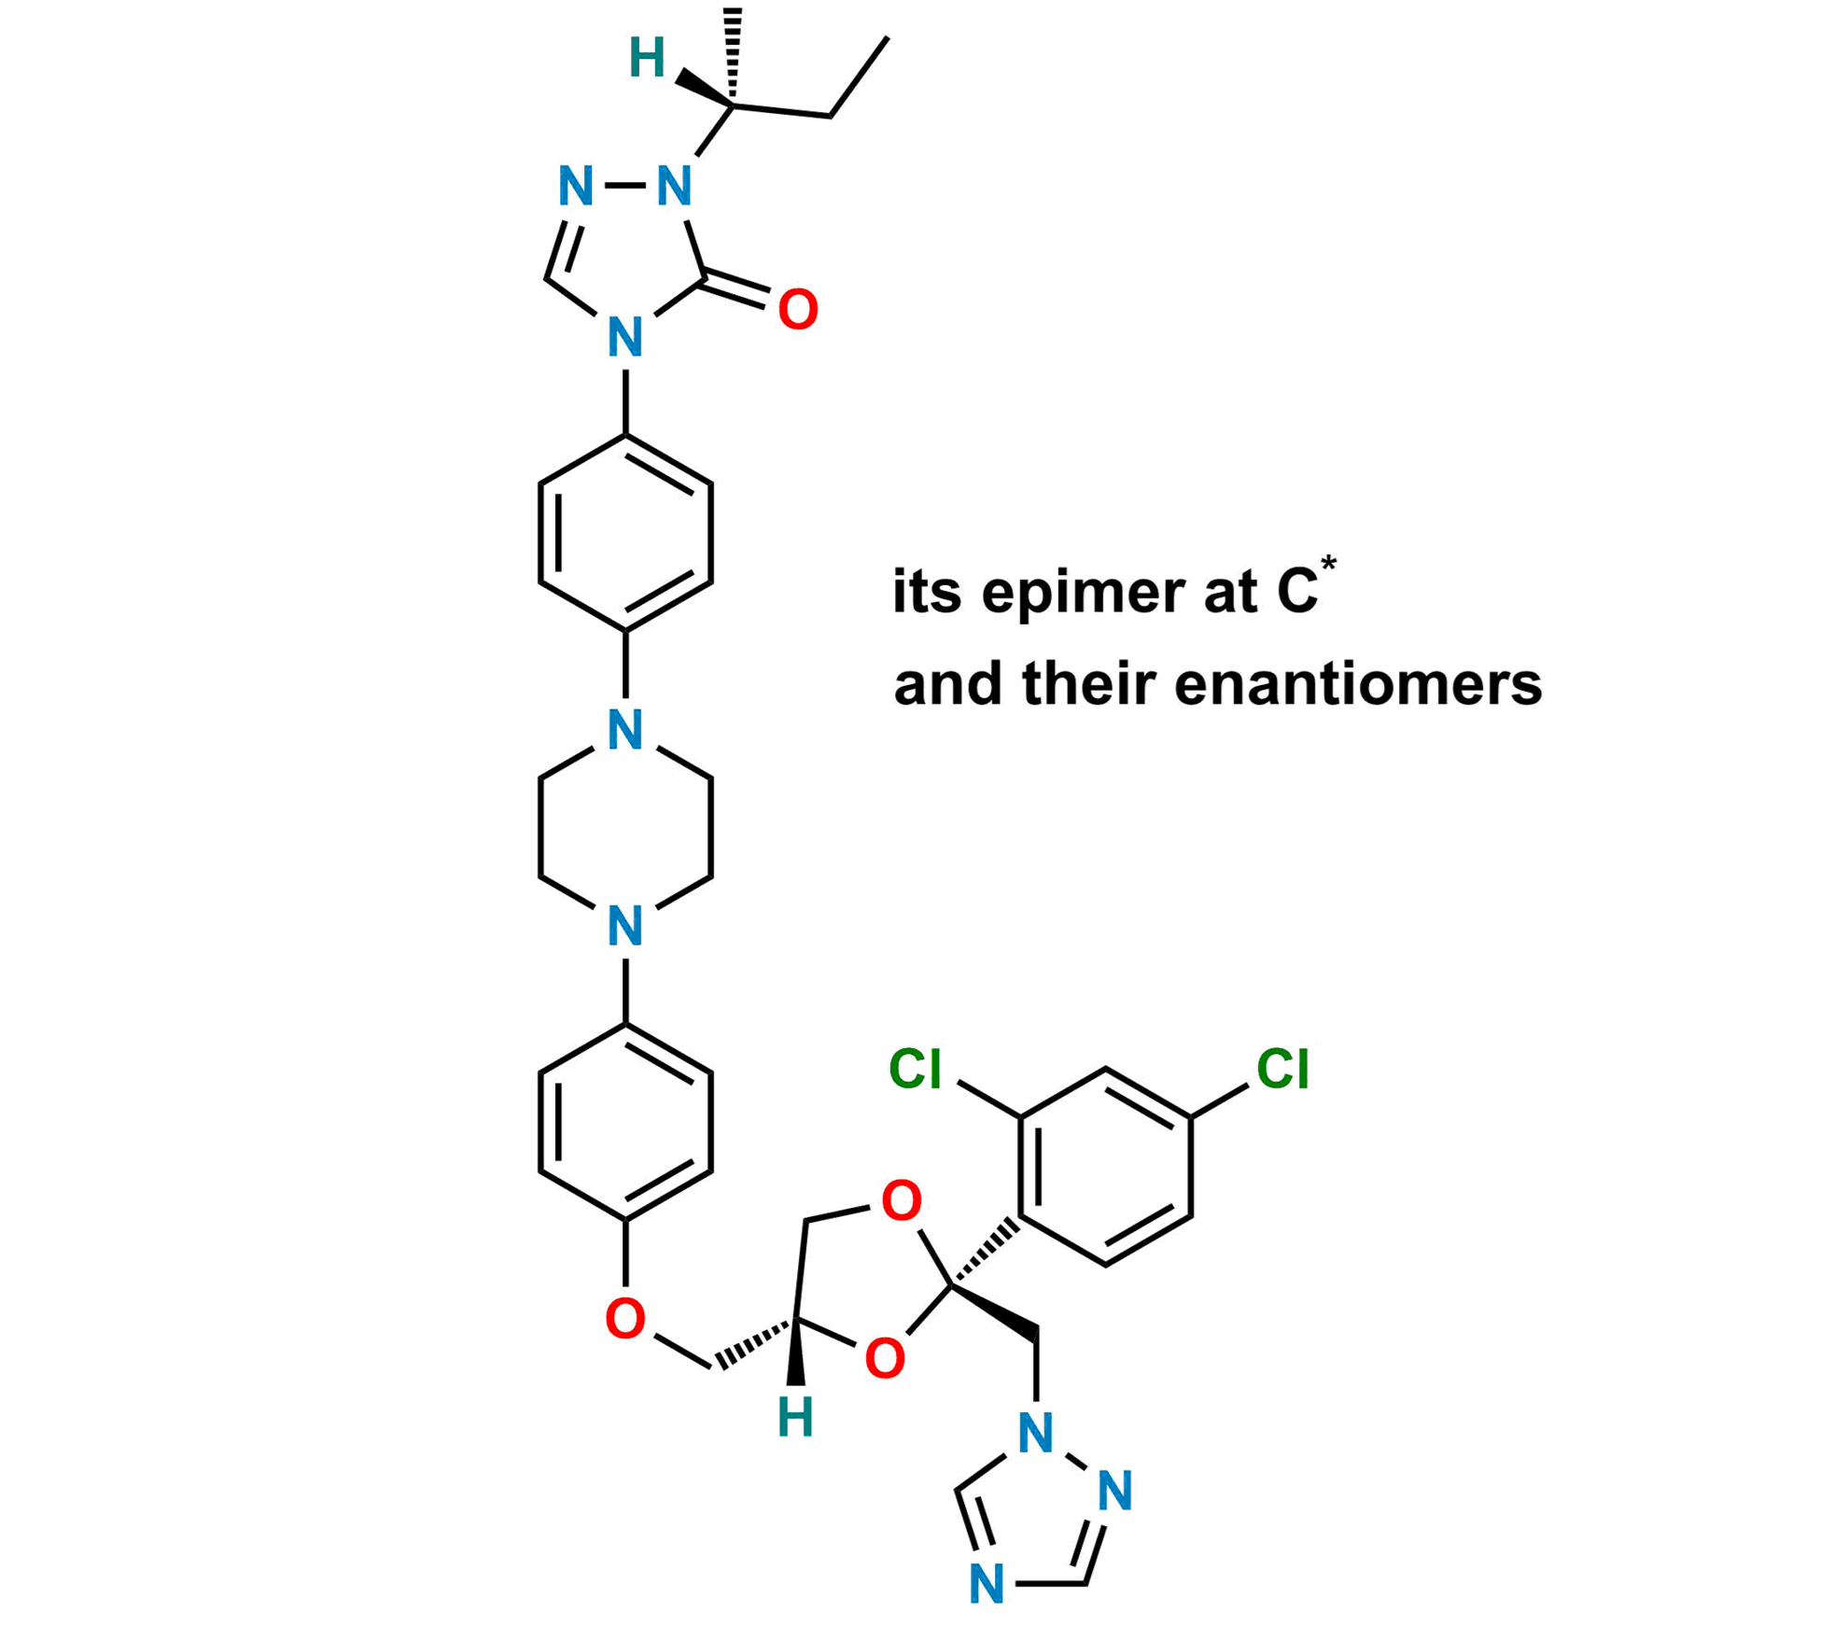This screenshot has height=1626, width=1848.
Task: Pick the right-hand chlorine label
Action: click(x=1283, y=1068)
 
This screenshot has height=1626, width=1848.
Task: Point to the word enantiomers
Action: click(x=1358, y=685)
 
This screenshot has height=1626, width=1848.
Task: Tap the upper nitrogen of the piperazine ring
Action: click(x=624, y=730)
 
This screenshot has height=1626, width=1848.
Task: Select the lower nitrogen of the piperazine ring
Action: click(x=624, y=926)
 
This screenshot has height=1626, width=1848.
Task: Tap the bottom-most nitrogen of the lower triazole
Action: click(x=987, y=1584)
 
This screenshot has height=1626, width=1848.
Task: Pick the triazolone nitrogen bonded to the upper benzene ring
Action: click(x=624, y=337)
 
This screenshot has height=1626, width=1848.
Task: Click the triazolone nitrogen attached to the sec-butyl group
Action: click(x=674, y=187)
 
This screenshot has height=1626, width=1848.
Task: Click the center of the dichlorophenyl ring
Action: click(x=1107, y=1166)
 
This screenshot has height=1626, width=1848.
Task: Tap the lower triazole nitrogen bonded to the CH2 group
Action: click(x=1035, y=1433)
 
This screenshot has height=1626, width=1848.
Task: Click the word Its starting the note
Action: click(x=929, y=594)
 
